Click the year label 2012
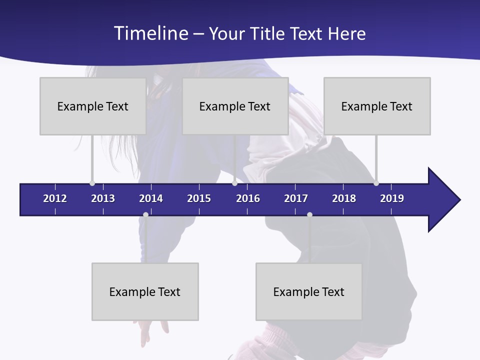55,198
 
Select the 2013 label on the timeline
103,198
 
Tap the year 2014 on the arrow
151,198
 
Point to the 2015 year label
199,198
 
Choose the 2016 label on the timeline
248,198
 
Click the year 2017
296,198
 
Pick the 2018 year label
344,198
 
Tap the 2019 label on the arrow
392,198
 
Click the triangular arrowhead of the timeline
443,199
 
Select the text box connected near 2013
93,106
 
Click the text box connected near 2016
235,106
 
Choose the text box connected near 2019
377,106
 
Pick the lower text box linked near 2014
145,291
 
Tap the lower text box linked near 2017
309,291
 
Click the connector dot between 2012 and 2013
92,183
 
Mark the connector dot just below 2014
145,215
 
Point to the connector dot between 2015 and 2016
234,183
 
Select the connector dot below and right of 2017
309,215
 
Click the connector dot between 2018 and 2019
376,183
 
